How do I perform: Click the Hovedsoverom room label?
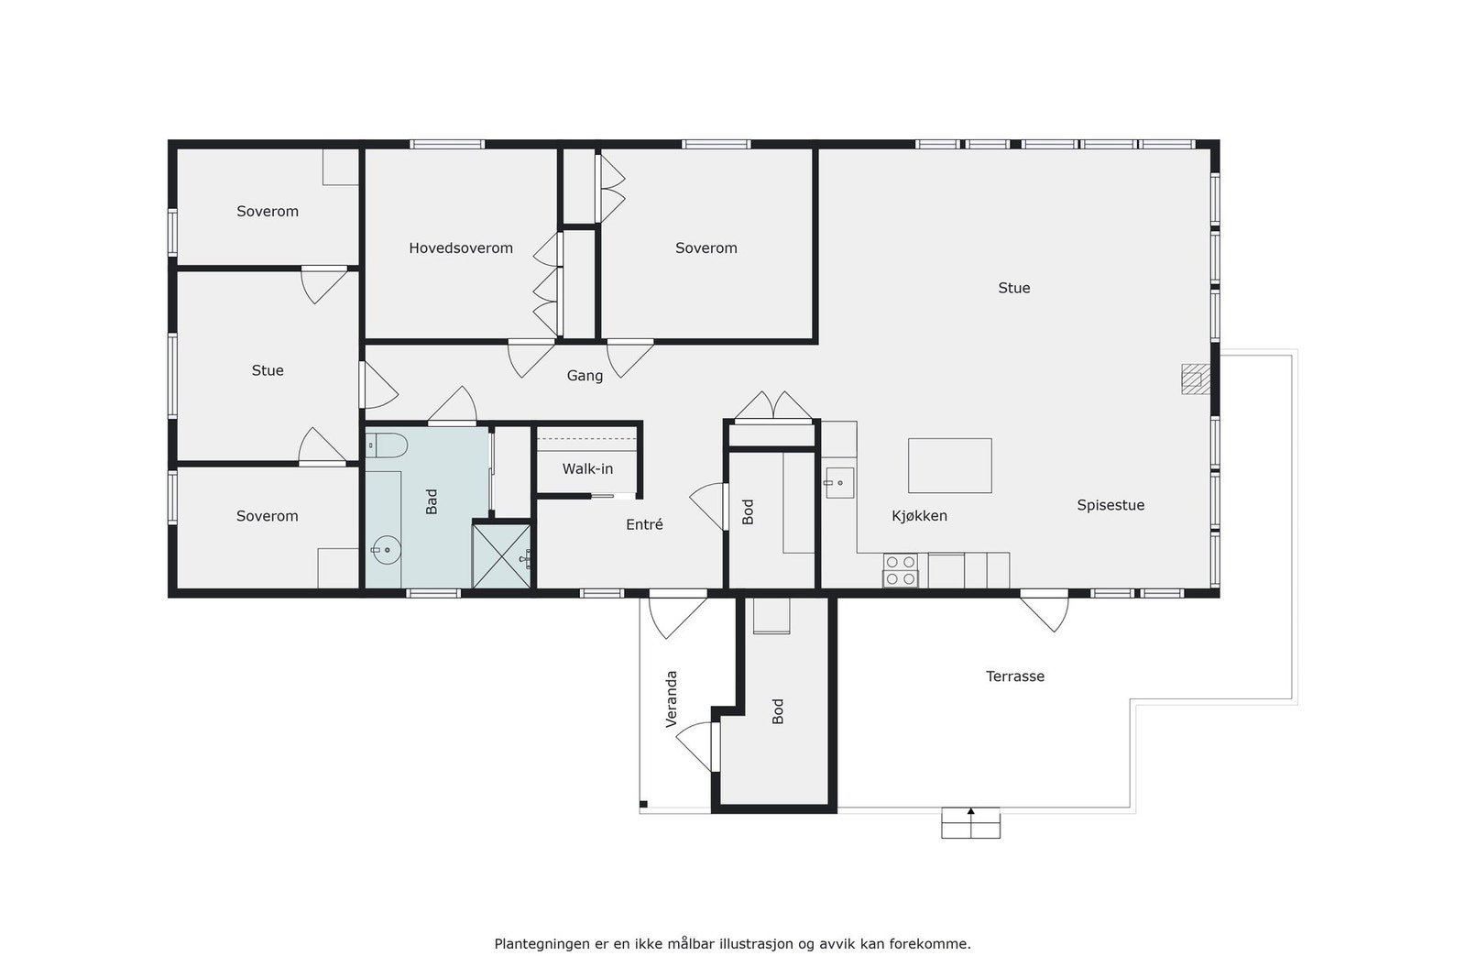point(461,248)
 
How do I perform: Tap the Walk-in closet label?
point(587,469)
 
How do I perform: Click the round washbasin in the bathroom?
point(387,551)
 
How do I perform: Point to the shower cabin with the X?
point(501,555)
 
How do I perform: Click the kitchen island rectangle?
point(949,466)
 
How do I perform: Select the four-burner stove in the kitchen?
point(901,570)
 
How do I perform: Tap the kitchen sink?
point(839,482)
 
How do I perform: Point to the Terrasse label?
point(1015,676)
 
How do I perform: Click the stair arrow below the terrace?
point(970,813)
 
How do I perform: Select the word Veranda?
point(672,699)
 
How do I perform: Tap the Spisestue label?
point(1110,505)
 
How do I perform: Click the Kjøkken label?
point(919,516)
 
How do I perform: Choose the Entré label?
point(644,525)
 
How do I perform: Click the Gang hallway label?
point(585,376)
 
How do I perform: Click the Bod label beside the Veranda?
point(778,711)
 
